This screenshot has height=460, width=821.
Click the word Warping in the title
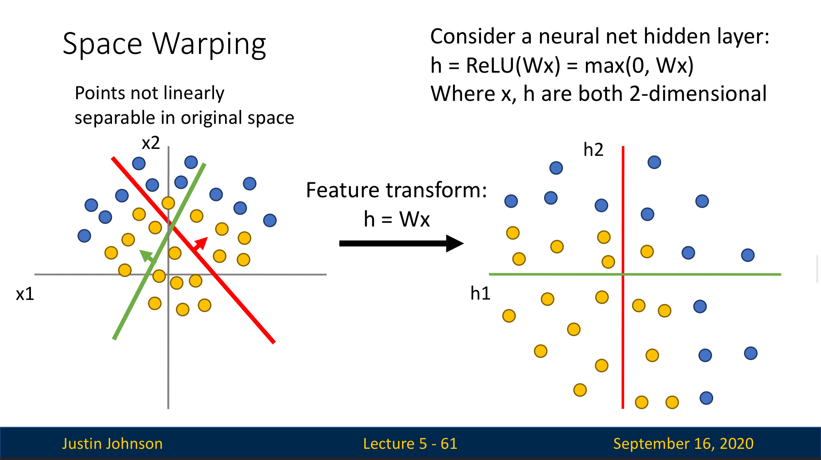[209, 44]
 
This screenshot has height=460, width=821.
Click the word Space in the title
[102, 44]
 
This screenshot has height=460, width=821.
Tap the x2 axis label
[151, 143]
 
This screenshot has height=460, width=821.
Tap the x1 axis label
[25, 294]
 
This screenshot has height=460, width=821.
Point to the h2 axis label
[593, 150]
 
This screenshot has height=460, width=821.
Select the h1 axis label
[480, 293]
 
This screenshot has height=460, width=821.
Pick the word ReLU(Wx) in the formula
[513, 65]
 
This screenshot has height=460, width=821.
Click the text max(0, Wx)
[639, 65]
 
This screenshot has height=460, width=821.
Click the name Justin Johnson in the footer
[112, 444]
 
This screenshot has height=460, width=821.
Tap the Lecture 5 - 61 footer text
[410, 444]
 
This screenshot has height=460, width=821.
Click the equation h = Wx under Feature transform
[397, 219]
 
